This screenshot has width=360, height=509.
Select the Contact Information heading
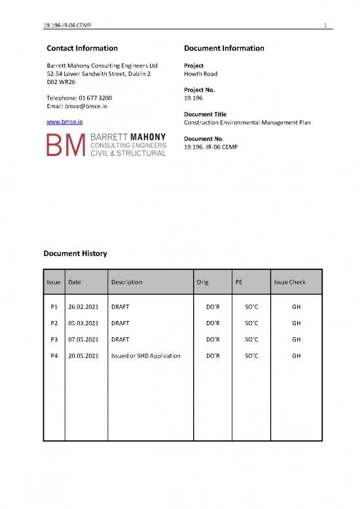click(x=82, y=48)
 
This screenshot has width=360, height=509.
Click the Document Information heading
click(x=225, y=48)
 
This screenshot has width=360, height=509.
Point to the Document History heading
click(x=75, y=253)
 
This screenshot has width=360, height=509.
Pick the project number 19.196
click(x=195, y=98)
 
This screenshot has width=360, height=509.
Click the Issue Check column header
click(x=289, y=282)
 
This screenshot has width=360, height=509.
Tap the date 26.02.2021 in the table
click(x=83, y=306)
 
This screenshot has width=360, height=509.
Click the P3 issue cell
click(x=54, y=339)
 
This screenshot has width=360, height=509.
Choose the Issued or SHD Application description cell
click(x=146, y=356)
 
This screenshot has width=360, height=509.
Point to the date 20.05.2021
click(x=83, y=356)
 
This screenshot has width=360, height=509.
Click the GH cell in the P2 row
click(x=297, y=323)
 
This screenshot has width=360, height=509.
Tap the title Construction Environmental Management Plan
click(x=247, y=123)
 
